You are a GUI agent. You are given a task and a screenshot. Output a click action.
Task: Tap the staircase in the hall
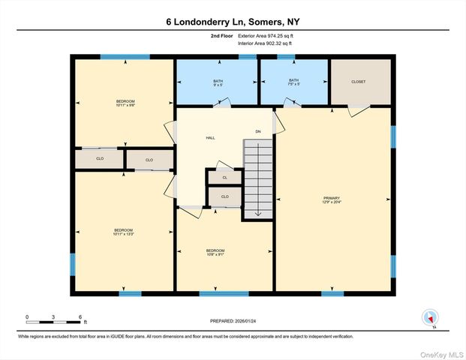258,176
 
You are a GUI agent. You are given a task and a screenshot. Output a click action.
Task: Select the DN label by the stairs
257,132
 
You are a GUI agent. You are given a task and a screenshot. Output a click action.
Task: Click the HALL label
211,138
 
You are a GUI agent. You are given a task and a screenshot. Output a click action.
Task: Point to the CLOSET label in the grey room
359,81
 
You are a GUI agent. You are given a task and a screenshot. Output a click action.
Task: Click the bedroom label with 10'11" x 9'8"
125,103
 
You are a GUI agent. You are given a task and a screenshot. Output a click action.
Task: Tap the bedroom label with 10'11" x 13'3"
123,231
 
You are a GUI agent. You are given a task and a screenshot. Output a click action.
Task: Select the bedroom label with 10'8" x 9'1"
216,252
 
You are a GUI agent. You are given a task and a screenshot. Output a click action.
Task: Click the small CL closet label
224,177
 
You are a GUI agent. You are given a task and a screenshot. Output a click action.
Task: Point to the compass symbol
430,317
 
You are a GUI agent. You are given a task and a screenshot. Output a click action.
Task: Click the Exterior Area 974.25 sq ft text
269,35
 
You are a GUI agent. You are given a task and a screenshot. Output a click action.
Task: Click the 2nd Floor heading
221,35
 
